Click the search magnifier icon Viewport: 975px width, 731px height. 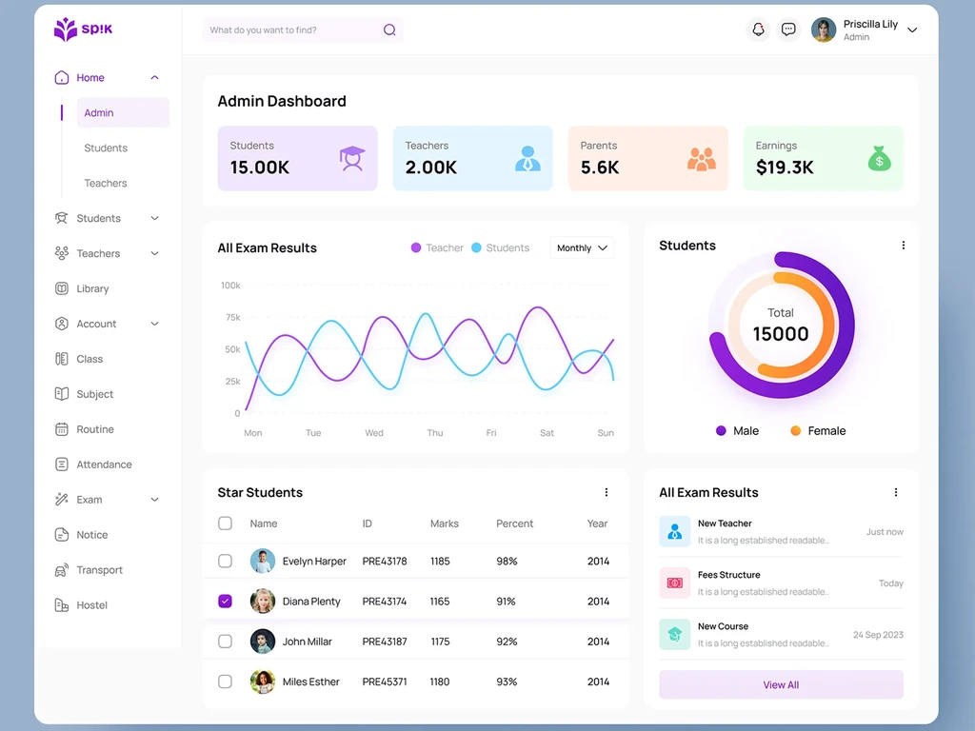pyautogui.click(x=389, y=30)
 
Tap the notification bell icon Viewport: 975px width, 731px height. pyautogui.click(x=758, y=30)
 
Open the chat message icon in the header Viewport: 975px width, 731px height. pyautogui.click(x=788, y=30)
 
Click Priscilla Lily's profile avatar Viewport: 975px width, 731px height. pyautogui.click(x=824, y=30)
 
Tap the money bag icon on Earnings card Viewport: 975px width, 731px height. pyautogui.click(x=879, y=159)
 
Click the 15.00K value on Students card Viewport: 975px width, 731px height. pyautogui.click(x=260, y=168)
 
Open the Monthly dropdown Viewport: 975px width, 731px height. pyautogui.click(x=582, y=248)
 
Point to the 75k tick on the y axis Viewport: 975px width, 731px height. pyautogui.click(x=233, y=317)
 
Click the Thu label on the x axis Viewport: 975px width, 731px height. pyautogui.click(x=434, y=433)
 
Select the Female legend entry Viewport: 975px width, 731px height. pyautogui.click(x=818, y=431)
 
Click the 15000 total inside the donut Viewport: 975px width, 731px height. pyautogui.click(x=781, y=334)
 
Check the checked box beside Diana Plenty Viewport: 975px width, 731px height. pyautogui.click(x=225, y=602)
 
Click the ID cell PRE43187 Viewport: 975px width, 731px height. pyautogui.click(x=385, y=642)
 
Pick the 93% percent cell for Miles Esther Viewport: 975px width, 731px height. pyautogui.click(x=507, y=682)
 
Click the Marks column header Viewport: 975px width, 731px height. pyautogui.click(x=445, y=524)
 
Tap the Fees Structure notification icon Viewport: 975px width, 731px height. pyautogui.click(x=675, y=583)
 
